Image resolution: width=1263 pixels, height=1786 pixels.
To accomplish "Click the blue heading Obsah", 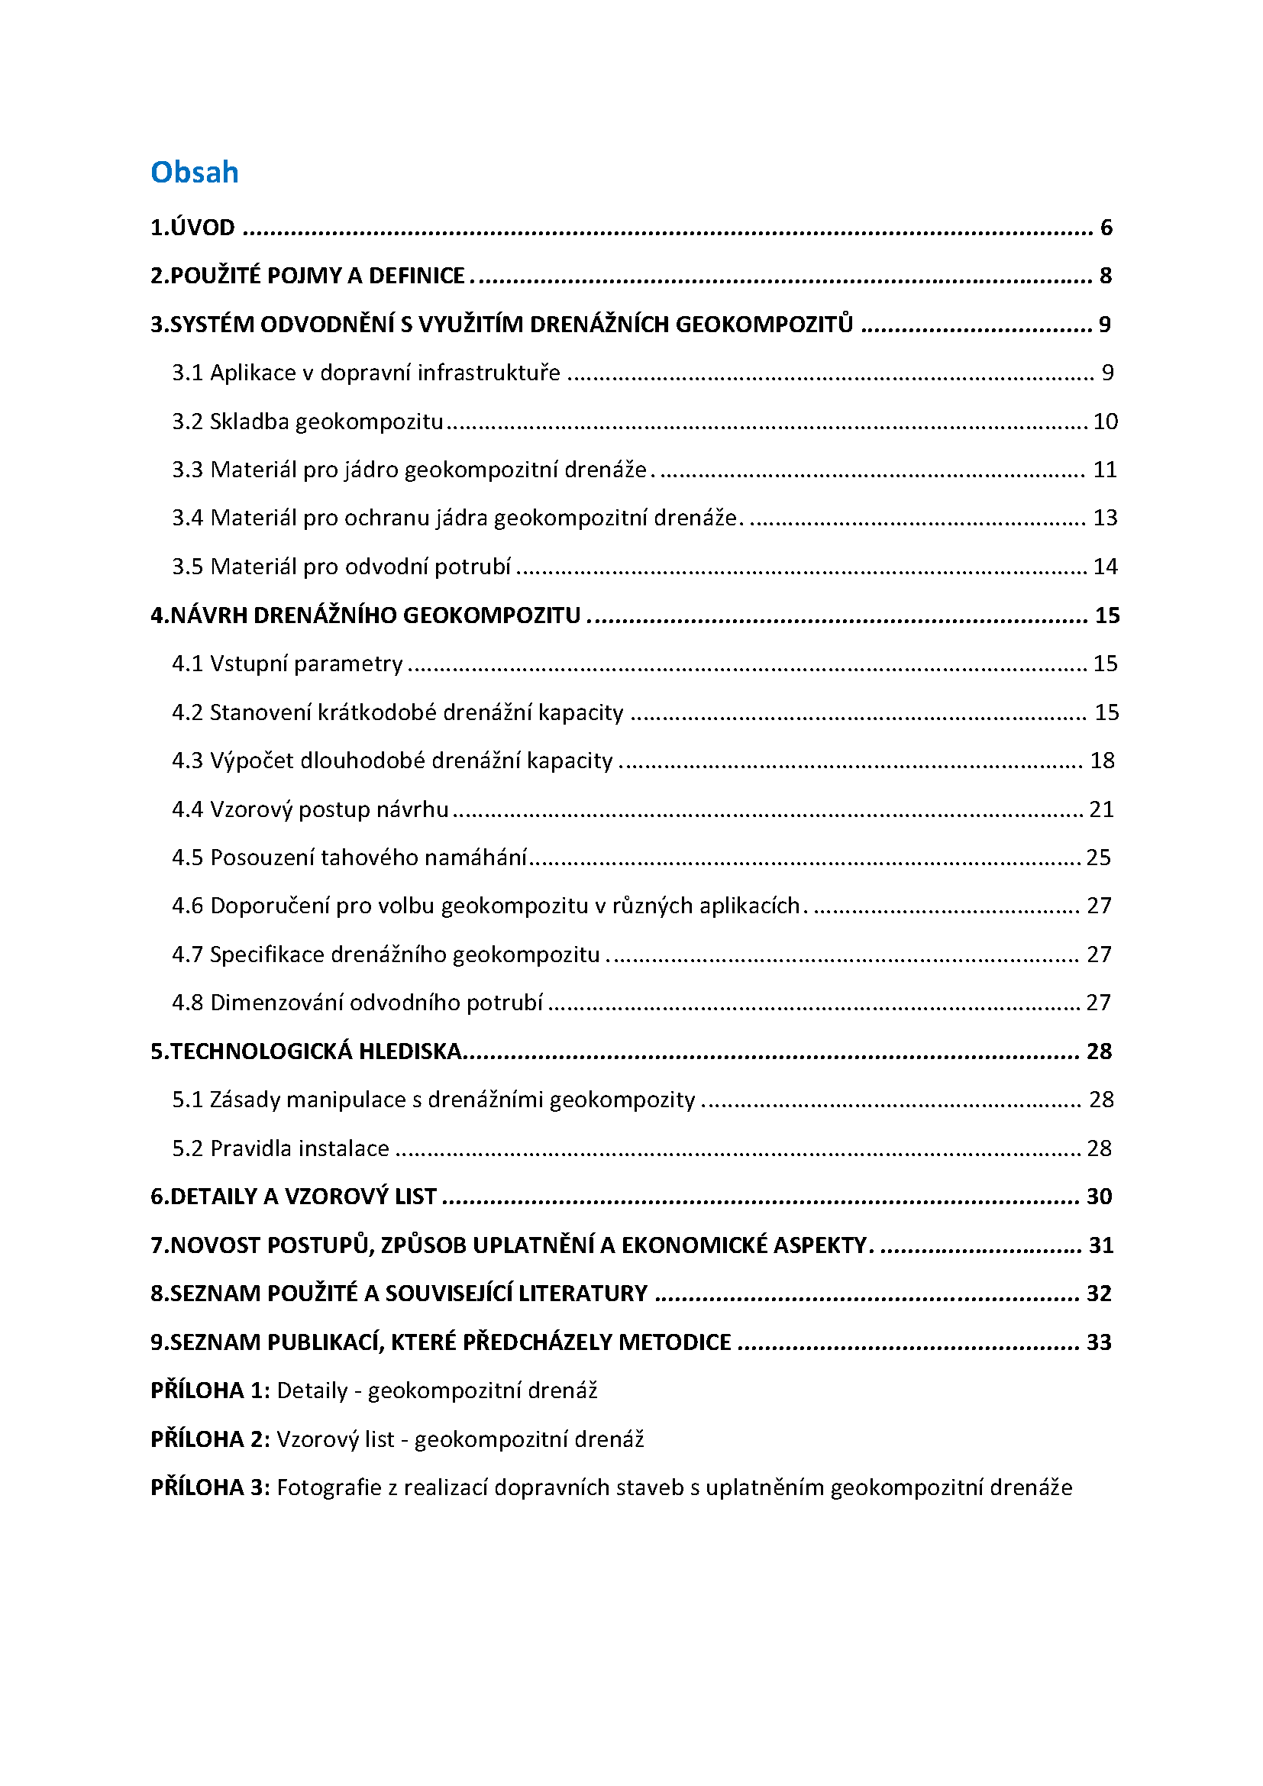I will coord(195,173).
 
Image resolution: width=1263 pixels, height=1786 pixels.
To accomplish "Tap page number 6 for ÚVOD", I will coord(1106,228).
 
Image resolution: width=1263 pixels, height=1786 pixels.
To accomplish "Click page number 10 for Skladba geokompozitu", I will coord(1105,421).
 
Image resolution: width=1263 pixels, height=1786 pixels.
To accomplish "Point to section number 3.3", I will coord(187,470).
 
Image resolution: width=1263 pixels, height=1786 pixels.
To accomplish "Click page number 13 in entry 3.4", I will coord(1105,518).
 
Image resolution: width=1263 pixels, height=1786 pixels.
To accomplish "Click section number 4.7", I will coord(187,954).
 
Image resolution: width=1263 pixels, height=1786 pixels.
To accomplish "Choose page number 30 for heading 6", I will coord(1099,1197).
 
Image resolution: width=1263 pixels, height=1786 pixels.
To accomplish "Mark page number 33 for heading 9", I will coord(1099,1342).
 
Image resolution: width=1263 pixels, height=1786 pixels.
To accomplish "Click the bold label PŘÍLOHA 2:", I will coord(210,1440).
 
